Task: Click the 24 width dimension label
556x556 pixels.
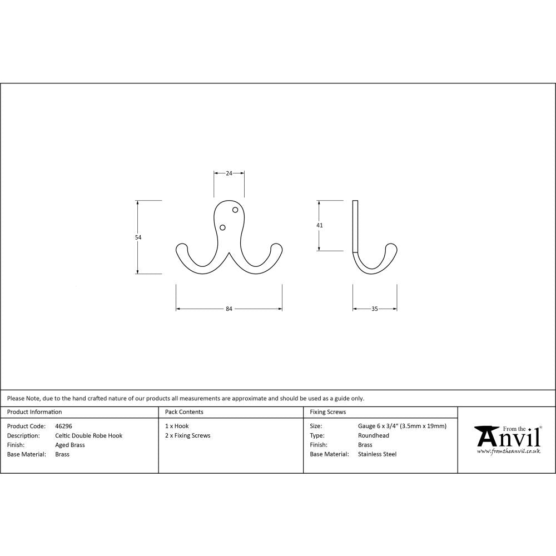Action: (x=229, y=173)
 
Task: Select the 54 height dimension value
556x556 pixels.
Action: (x=138, y=237)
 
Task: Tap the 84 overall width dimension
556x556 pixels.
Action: (x=229, y=309)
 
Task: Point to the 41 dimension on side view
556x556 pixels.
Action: (x=319, y=225)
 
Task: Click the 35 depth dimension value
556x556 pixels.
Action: (x=374, y=309)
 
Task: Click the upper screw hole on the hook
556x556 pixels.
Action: (x=235, y=210)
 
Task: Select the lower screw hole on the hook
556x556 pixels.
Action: (x=222, y=227)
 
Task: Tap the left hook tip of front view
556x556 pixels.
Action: (x=181, y=247)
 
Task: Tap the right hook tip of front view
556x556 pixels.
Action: (x=276, y=247)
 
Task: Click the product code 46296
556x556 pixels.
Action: (x=63, y=426)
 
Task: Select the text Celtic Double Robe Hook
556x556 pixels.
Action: (x=88, y=436)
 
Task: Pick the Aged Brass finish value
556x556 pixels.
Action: (x=70, y=445)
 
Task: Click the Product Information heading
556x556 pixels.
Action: (x=34, y=412)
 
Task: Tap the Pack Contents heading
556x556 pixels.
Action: (x=184, y=412)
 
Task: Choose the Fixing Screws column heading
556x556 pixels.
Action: (x=328, y=412)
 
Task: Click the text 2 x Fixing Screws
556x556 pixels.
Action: (x=187, y=436)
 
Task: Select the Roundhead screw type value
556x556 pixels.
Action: (x=374, y=436)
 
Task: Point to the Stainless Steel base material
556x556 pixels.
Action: (x=377, y=454)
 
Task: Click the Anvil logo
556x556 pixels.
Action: (x=507, y=439)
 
